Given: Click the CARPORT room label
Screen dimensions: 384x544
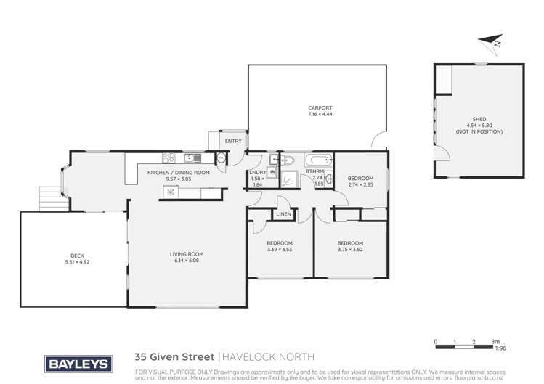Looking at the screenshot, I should (320, 109).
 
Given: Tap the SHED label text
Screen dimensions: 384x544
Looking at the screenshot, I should (479, 120).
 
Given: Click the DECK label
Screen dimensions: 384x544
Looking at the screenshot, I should (77, 255).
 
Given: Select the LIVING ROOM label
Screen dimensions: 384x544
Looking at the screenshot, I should (187, 254).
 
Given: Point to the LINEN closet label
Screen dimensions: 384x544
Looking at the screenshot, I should (283, 214).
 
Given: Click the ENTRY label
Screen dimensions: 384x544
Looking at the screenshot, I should (233, 141).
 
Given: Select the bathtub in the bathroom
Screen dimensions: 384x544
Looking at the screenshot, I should (318, 160).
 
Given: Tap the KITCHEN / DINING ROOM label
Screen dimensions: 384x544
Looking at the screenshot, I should (178, 173).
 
